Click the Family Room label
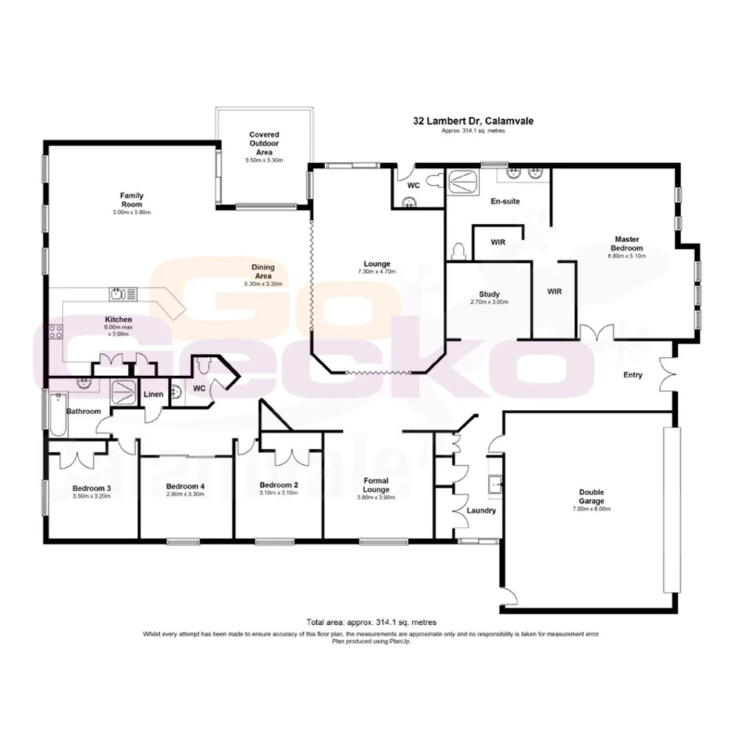(131, 200)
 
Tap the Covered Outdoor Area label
(264, 143)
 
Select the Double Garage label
(591, 497)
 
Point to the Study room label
(489, 294)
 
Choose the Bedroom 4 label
(185, 486)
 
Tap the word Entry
(632, 375)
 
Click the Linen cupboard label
(153, 395)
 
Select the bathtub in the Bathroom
(58, 413)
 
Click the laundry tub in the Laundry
(495, 486)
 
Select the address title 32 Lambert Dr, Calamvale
(473, 121)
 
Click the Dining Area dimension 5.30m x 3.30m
(264, 284)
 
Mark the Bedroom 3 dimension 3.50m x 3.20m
(92, 495)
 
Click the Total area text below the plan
(371, 621)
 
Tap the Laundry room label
(481, 510)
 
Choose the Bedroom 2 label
(279, 485)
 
